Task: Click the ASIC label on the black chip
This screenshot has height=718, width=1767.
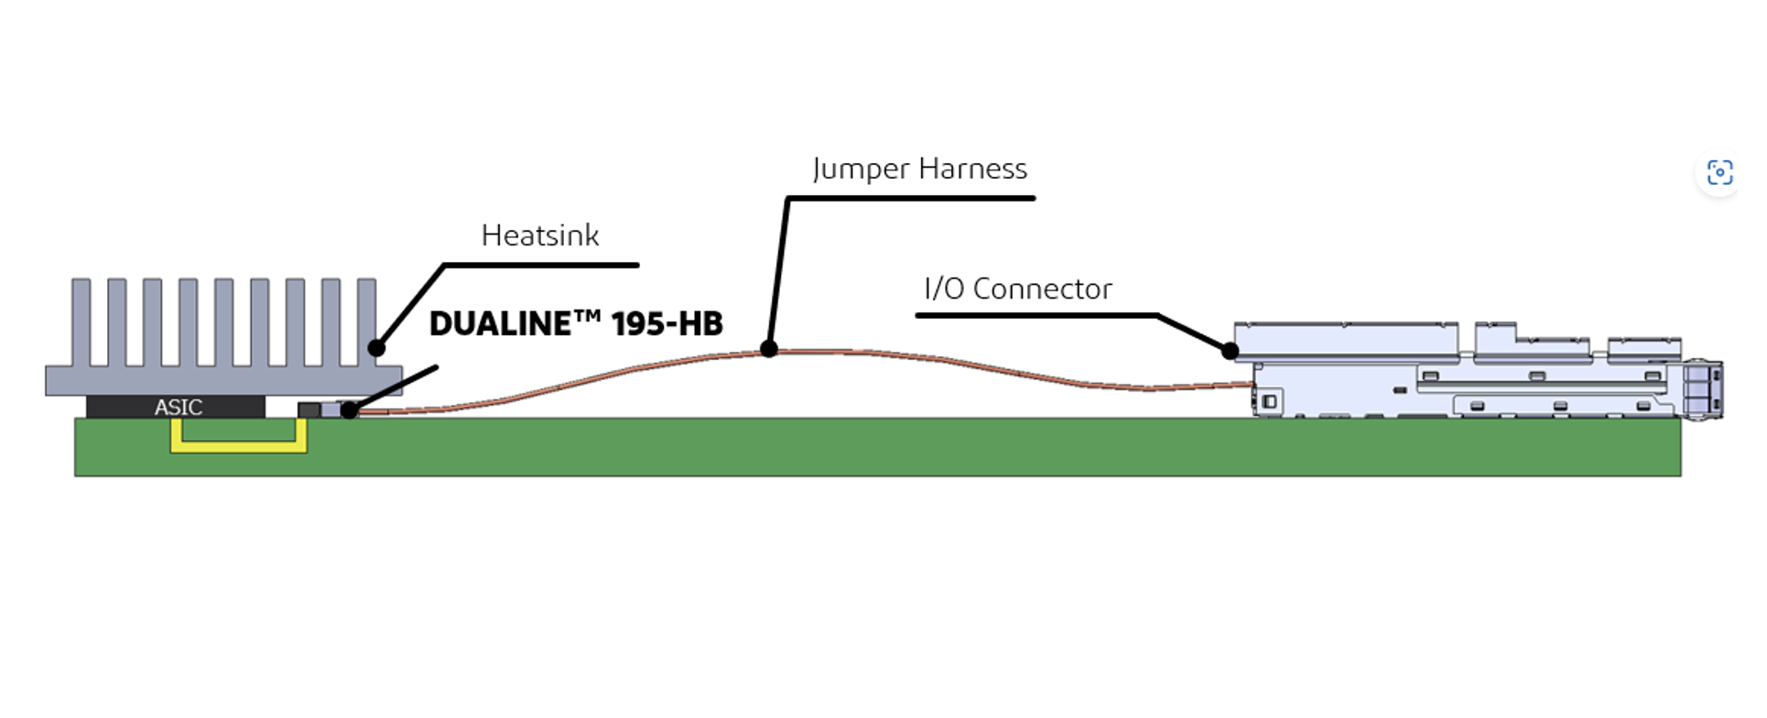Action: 178,407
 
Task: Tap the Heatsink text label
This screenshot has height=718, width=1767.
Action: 540,236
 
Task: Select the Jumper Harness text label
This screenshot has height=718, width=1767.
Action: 919,169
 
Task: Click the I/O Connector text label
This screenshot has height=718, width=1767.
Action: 1018,289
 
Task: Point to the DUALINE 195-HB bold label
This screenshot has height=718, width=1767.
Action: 576,324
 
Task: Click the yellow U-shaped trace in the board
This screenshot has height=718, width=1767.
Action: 238,447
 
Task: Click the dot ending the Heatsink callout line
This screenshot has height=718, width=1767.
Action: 376,348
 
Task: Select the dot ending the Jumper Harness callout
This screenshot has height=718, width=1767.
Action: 769,349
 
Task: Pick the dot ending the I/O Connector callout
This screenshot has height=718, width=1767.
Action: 1230,351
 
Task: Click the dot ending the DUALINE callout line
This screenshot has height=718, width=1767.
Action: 349,410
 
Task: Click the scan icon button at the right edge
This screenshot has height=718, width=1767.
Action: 1719,172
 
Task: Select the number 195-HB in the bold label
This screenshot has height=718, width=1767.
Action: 667,324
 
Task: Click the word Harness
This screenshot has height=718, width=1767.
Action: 972,169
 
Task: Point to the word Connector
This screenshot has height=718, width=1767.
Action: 1042,289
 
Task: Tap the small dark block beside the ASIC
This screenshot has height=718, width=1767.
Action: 309,409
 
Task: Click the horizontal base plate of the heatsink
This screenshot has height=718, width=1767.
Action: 223,381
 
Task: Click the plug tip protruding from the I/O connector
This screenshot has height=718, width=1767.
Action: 1704,390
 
